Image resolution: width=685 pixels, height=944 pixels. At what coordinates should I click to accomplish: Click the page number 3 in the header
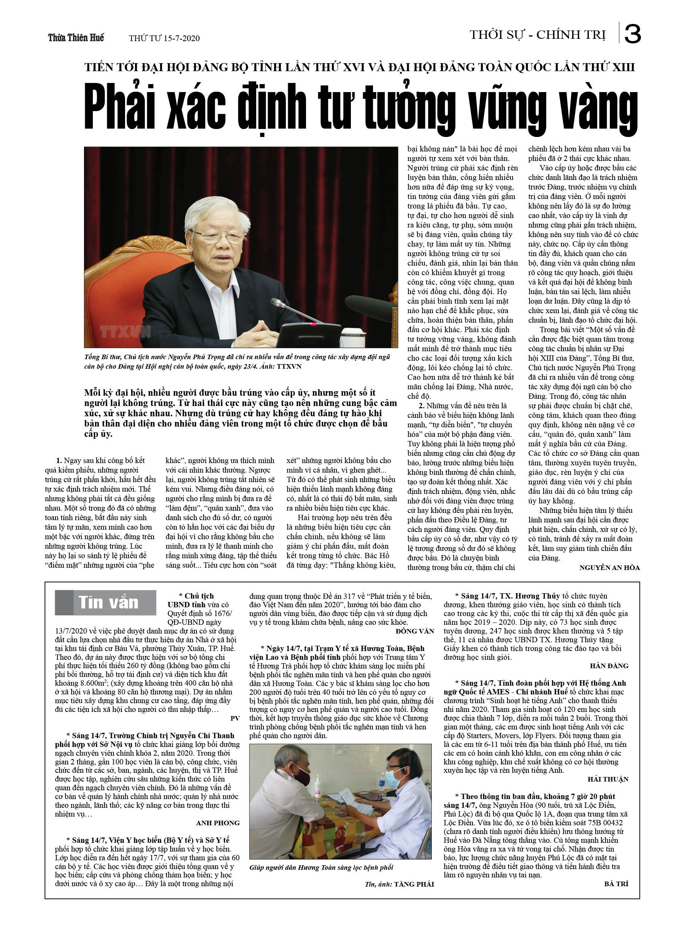(632, 34)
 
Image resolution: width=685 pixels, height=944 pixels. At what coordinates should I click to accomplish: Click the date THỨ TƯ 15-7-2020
(164, 38)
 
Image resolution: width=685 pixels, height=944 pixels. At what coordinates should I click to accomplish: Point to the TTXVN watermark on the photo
(125, 332)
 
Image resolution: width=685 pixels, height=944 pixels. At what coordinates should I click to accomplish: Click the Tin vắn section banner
(106, 603)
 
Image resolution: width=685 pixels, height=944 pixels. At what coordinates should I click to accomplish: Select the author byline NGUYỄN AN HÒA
(609, 568)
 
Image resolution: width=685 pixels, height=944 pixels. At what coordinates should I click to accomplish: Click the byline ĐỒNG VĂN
(415, 631)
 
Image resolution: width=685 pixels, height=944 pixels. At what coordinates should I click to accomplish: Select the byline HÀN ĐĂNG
(609, 666)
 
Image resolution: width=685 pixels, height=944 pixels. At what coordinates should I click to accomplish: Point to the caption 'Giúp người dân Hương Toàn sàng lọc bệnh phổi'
(321, 868)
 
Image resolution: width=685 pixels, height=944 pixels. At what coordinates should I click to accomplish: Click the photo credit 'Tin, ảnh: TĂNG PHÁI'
(399, 884)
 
